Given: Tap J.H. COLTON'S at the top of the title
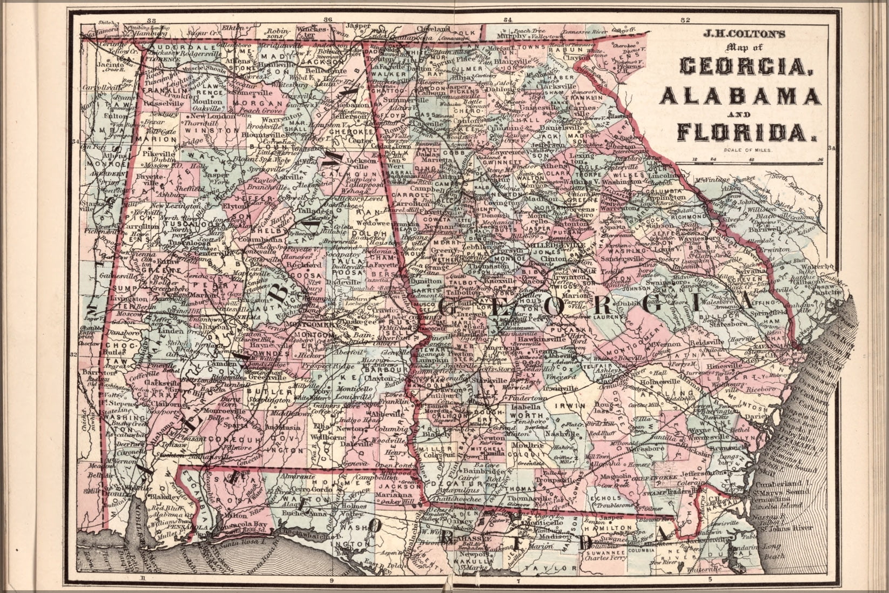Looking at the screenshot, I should click(738, 32).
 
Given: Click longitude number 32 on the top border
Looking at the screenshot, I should click(685, 20).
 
